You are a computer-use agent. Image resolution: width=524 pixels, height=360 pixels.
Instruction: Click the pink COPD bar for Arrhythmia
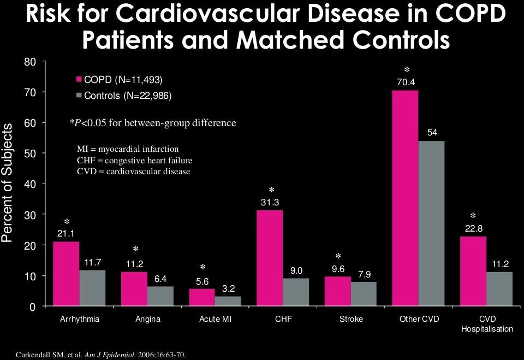(x=66, y=274)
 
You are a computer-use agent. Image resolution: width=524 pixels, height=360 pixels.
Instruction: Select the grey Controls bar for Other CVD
(x=431, y=224)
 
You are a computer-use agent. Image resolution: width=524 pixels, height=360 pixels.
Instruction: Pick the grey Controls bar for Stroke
(x=364, y=294)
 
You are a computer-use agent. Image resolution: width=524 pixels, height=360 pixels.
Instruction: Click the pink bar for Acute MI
(x=201, y=298)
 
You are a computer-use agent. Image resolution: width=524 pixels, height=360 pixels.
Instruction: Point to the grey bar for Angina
(x=160, y=297)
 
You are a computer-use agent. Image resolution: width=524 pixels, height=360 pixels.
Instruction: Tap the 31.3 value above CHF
(x=270, y=202)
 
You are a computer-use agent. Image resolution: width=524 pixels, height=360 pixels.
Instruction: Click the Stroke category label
(x=351, y=319)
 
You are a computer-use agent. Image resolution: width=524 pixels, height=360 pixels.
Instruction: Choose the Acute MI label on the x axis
(x=216, y=319)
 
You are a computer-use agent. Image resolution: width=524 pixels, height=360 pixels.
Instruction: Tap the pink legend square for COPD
(x=79, y=80)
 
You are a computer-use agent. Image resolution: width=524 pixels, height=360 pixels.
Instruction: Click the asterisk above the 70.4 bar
(x=407, y=71)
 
